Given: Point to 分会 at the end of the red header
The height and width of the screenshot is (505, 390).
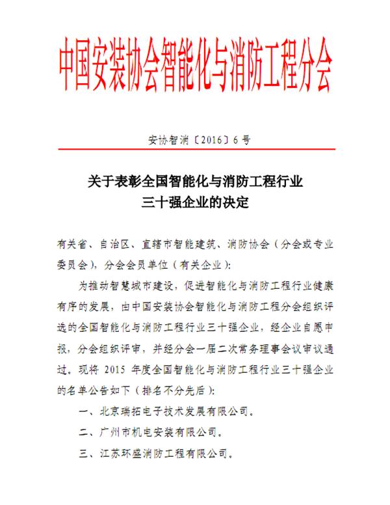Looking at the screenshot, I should [x=312, y=62].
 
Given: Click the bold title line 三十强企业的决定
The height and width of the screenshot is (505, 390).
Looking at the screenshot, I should [x=195, y=202].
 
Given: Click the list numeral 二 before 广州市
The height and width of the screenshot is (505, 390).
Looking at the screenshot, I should [x=82, y=431].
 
